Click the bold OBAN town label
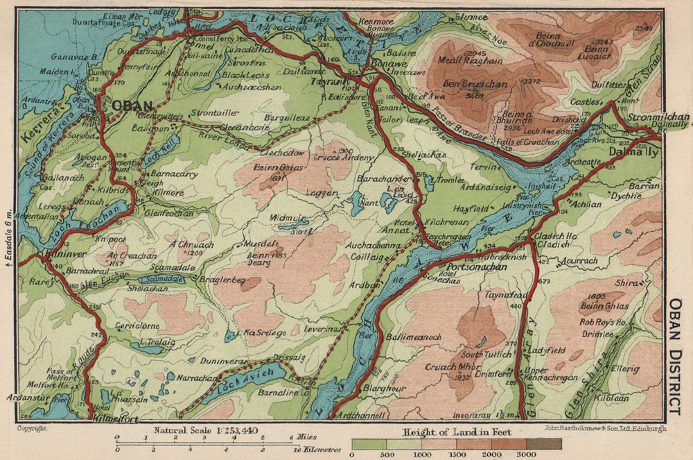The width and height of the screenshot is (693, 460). [132, 105]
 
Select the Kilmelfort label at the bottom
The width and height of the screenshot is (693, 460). [114, 420]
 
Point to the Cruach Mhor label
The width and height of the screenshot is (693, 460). [449, 367]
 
